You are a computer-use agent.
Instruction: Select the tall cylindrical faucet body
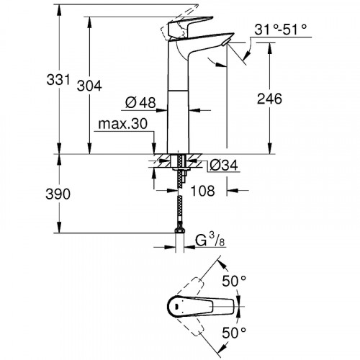click(x=179, y=108)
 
